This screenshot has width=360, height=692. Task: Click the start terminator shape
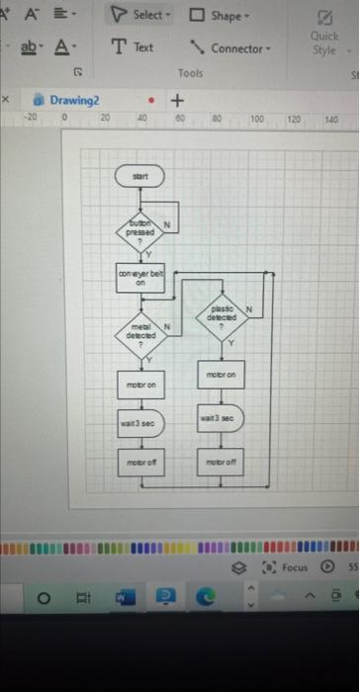pos(139,176)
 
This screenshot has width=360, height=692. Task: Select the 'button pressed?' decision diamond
pos(140,231)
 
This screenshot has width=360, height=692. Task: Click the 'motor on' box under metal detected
pos(139,384)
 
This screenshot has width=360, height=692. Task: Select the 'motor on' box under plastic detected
pos(223,376)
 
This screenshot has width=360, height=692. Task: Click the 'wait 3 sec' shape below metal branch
pos(139,422)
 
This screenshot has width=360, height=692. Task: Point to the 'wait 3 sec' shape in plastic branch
pos(223,418)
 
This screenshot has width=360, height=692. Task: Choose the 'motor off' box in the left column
pos(139,463)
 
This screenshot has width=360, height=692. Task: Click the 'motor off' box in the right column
pos(223,462)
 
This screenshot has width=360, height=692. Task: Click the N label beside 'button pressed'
pos(168,223)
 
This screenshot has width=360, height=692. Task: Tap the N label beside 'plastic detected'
pos(250,309)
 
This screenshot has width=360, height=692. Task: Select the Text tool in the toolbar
pos(133,47)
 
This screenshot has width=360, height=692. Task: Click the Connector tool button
pos(231,47)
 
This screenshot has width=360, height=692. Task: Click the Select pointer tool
pos(141,15)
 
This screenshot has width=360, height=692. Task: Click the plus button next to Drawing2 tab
pos(178,101)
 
